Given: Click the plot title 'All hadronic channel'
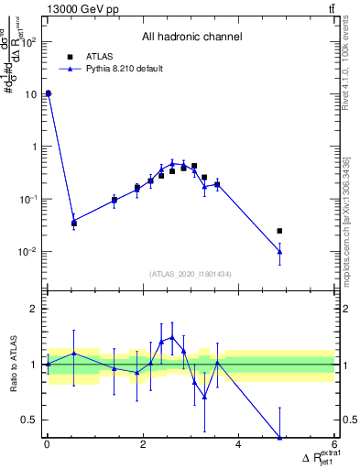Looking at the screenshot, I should (191, 38).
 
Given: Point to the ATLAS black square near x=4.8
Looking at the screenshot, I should (279, 231).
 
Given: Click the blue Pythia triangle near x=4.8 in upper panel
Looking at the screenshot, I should (279, 251).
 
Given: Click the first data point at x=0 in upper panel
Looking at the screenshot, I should (48, 93).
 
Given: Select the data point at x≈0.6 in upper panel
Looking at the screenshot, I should (74, 223).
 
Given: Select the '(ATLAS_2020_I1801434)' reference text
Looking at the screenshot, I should (191, 274).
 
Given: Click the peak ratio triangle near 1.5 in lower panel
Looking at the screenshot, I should (171, 337).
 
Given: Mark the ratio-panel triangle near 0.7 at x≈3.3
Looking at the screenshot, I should (204, 397).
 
